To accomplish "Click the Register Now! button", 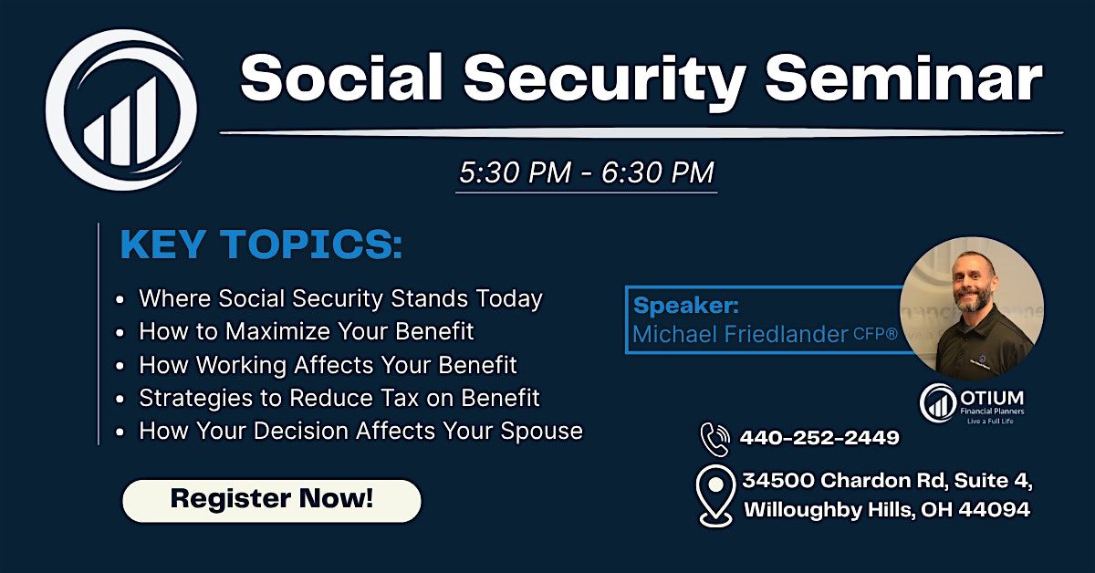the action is click(x=271, y=500).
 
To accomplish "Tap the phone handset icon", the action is click(x=714, y=439).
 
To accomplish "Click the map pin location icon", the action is click(x=715, y=496).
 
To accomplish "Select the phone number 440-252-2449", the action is click(x=819, y=438).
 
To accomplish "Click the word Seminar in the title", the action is click(x=904, y=78).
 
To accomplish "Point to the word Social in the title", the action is click(x=341, y=78).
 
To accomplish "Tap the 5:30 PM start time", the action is click(x=516, y=172).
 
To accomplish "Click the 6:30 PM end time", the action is click(x=658, y=172).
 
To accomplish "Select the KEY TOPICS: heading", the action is click(x=262, y=244).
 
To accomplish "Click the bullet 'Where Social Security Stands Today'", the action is click(x=340, y=298).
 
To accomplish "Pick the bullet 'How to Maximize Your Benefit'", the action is click(x=307, y=331).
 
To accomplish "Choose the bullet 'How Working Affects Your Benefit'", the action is click(x=328, y=365).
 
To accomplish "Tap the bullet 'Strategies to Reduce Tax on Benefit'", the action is click(x=339, y=398).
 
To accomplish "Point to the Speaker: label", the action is click(x=686, y=306).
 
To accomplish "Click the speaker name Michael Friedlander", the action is click(x=740, y=335).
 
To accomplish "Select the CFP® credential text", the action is click(x=875, y=334).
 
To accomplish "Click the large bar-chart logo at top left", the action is click(x=121, y=109).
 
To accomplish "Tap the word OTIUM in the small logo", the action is click(x=992, y=398).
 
